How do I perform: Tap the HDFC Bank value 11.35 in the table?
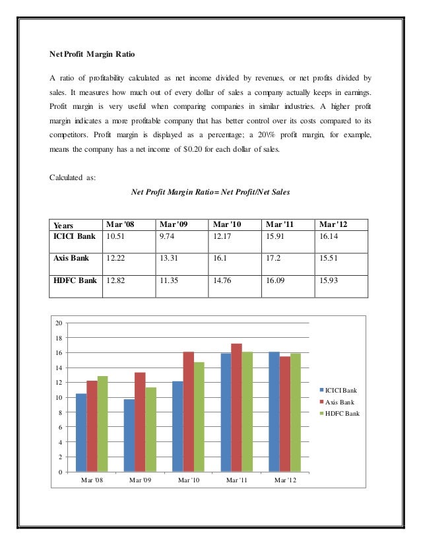coord(168,280)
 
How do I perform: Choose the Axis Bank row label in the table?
coord(71,257)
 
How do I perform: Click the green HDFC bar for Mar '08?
coord(102,424)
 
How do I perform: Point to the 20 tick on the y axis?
coord(58,323)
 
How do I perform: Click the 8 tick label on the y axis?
coord(59,412)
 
